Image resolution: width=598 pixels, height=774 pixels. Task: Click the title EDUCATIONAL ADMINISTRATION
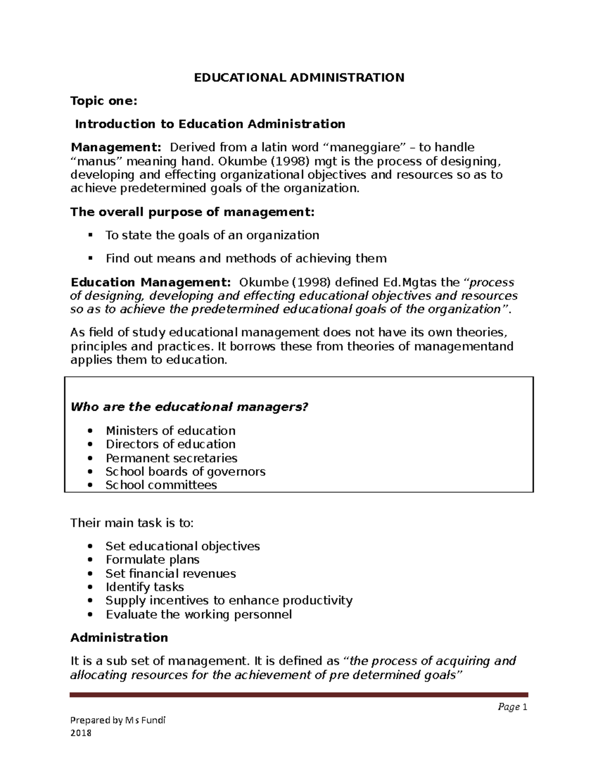coord(299,78)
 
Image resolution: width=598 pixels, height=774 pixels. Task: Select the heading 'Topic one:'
coord(103,101)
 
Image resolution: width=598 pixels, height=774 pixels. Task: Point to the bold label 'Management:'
coord(116,148)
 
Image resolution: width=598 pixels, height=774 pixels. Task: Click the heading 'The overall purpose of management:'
coord(192,212)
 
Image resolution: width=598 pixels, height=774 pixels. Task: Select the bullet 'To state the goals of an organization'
coord(212,235)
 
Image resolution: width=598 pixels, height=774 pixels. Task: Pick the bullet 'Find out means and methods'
coord(246,259)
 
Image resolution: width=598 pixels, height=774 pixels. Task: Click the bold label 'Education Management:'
coord(150,283)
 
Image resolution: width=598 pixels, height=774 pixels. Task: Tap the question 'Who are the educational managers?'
coord(189,407)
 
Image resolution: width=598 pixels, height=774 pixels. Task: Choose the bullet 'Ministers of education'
coord(170,431)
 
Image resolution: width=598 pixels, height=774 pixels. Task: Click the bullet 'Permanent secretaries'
coord(171,458)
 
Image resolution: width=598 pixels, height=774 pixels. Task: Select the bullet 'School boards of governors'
coord(185,471)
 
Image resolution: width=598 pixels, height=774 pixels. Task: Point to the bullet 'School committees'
coord(161,485)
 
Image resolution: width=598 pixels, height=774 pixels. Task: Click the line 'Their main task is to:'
coord(132,523)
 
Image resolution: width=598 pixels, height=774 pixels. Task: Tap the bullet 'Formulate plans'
coord(152,560)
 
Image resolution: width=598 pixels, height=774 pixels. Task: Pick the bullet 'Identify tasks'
coord(145,587)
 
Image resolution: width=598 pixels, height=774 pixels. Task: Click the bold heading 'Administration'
coord(119,638)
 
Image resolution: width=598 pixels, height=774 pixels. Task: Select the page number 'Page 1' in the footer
coord(512,707)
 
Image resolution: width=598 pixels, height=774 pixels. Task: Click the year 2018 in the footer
coord(81,733)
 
